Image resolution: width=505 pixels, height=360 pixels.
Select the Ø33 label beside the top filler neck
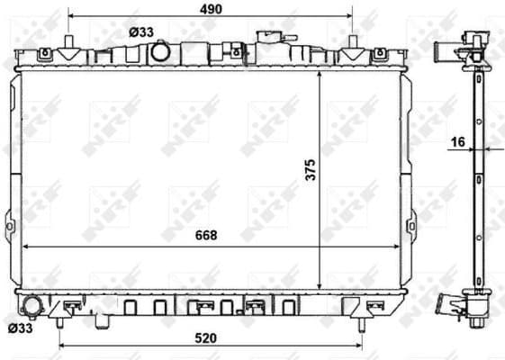tap(140, 31)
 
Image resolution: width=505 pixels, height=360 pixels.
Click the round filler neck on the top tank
tap(162, 52)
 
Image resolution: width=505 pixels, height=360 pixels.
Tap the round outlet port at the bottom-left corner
tap(33, 306)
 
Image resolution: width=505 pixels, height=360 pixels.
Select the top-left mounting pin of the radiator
tap(69, 46)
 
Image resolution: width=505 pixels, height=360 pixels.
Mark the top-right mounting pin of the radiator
tap(354, 46)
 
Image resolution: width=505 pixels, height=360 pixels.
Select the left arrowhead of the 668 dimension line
tap(23, 245)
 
